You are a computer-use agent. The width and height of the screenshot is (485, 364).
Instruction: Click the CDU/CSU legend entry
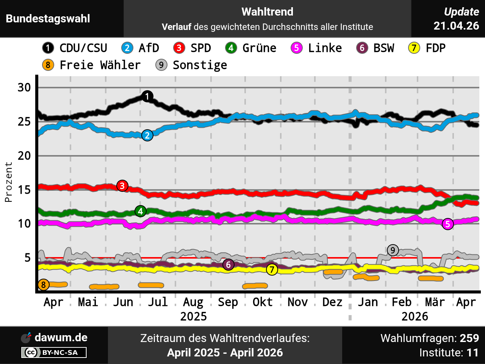point(75,48)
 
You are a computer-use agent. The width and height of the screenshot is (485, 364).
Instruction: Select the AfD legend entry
point(140,48)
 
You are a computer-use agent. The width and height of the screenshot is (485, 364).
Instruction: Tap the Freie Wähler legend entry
point(91,65)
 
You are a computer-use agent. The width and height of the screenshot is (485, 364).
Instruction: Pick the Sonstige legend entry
point(191,65)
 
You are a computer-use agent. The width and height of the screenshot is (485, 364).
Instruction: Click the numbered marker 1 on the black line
point(147,96)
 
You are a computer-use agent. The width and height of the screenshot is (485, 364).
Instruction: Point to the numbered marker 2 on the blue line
point(147,135)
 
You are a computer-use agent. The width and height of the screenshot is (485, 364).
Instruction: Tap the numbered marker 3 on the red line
point(122,186)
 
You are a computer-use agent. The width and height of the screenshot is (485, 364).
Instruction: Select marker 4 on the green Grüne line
point(141,211)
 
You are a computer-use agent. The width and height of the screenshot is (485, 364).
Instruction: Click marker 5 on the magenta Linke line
point(448,224)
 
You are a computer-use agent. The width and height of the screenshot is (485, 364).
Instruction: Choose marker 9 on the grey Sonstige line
point(393,250)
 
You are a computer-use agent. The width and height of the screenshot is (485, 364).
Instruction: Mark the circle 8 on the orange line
point(44,285)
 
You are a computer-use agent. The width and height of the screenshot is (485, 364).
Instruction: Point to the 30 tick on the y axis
point(24,88)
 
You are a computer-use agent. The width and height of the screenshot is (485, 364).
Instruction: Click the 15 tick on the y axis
point(24,190)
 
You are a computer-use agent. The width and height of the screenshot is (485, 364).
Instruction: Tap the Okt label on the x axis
point(263,302)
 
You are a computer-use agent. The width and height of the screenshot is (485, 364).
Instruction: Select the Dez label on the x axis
point(332,302)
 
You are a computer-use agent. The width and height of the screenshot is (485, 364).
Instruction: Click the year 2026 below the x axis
point(415,316)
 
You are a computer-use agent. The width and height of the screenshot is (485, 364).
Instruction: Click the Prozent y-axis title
point(9,182)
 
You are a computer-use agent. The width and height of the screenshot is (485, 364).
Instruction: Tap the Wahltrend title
point(267,12)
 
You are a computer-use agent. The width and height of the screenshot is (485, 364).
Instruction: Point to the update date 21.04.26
point(456,26)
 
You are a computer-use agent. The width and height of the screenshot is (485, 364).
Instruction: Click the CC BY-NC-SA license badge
point(54,353)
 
